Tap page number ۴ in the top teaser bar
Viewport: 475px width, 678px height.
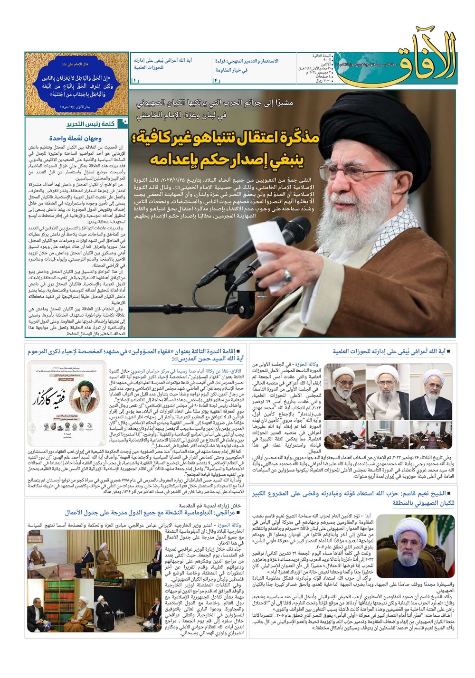tap(215, 81)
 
